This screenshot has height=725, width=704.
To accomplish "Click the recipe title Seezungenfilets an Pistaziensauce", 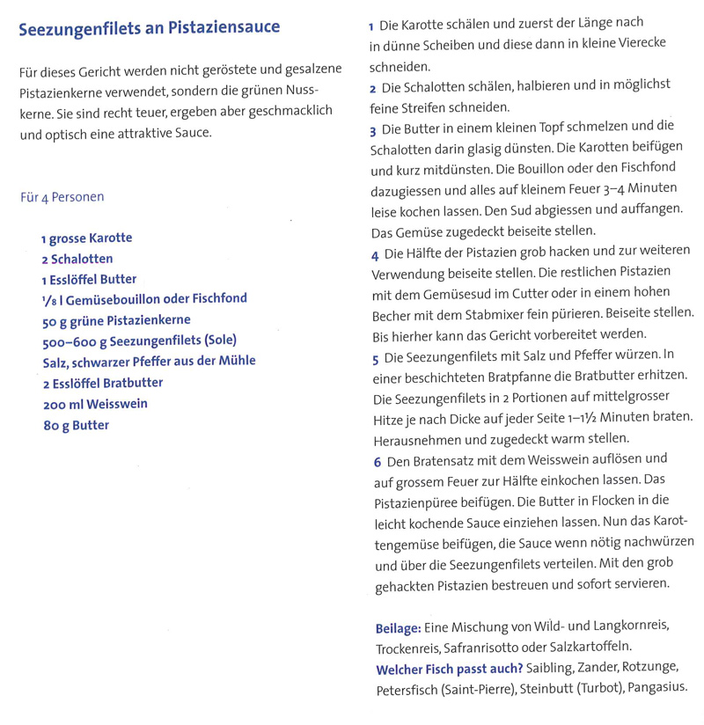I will pos(149,27).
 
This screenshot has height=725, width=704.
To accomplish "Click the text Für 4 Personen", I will pos(62,197).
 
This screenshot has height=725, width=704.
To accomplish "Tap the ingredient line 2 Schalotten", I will pos(77,259).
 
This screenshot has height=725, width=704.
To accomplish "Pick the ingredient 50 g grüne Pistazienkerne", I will pos(115,320).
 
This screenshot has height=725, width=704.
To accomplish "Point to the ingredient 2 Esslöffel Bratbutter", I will pos(102,383).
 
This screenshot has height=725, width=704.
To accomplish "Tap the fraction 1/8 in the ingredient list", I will pos(48,300).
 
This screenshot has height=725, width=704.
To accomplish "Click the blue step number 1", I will pos(372,23).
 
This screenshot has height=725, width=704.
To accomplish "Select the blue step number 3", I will pos(373,129).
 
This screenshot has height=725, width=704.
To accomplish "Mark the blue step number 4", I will pos(373,255).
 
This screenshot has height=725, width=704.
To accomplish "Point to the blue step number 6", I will pos(377,459).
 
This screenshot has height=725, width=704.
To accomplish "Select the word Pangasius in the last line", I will pos(653,689).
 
